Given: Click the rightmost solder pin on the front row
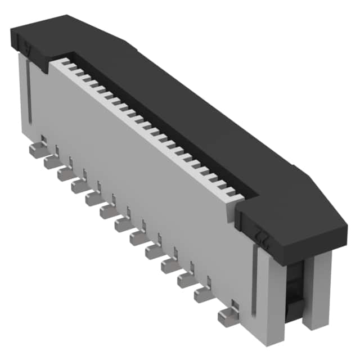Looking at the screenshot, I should [x=227, y=317].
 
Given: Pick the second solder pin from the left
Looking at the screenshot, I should [x=52, y=163].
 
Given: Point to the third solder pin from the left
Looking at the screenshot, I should [x=66, y=175].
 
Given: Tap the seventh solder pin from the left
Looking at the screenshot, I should [x=123, y=224].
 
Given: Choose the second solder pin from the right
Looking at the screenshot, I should [x=203, y=294].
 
